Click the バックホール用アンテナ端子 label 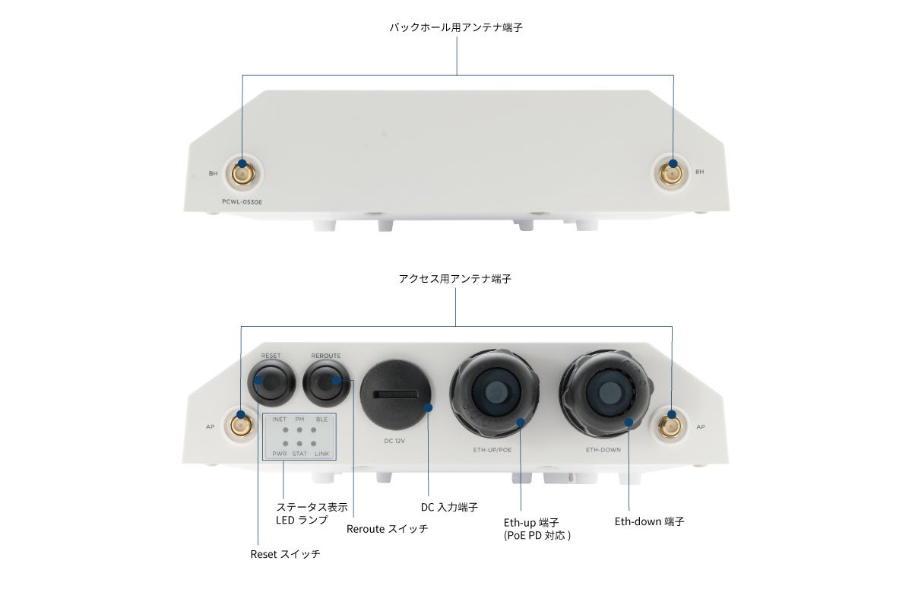coord(456,27)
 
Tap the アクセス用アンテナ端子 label coord(455,279)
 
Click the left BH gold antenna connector coord(242,174)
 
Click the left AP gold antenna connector coord(242,426)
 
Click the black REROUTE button coord(326,384)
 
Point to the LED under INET coord(284,431)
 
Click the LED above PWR coord(284,443)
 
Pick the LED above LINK coord(313,443)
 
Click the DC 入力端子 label coord(449,507)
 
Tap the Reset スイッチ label coord(285,554)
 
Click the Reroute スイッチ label coord(387,528)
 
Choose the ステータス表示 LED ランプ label coord(312,513)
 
